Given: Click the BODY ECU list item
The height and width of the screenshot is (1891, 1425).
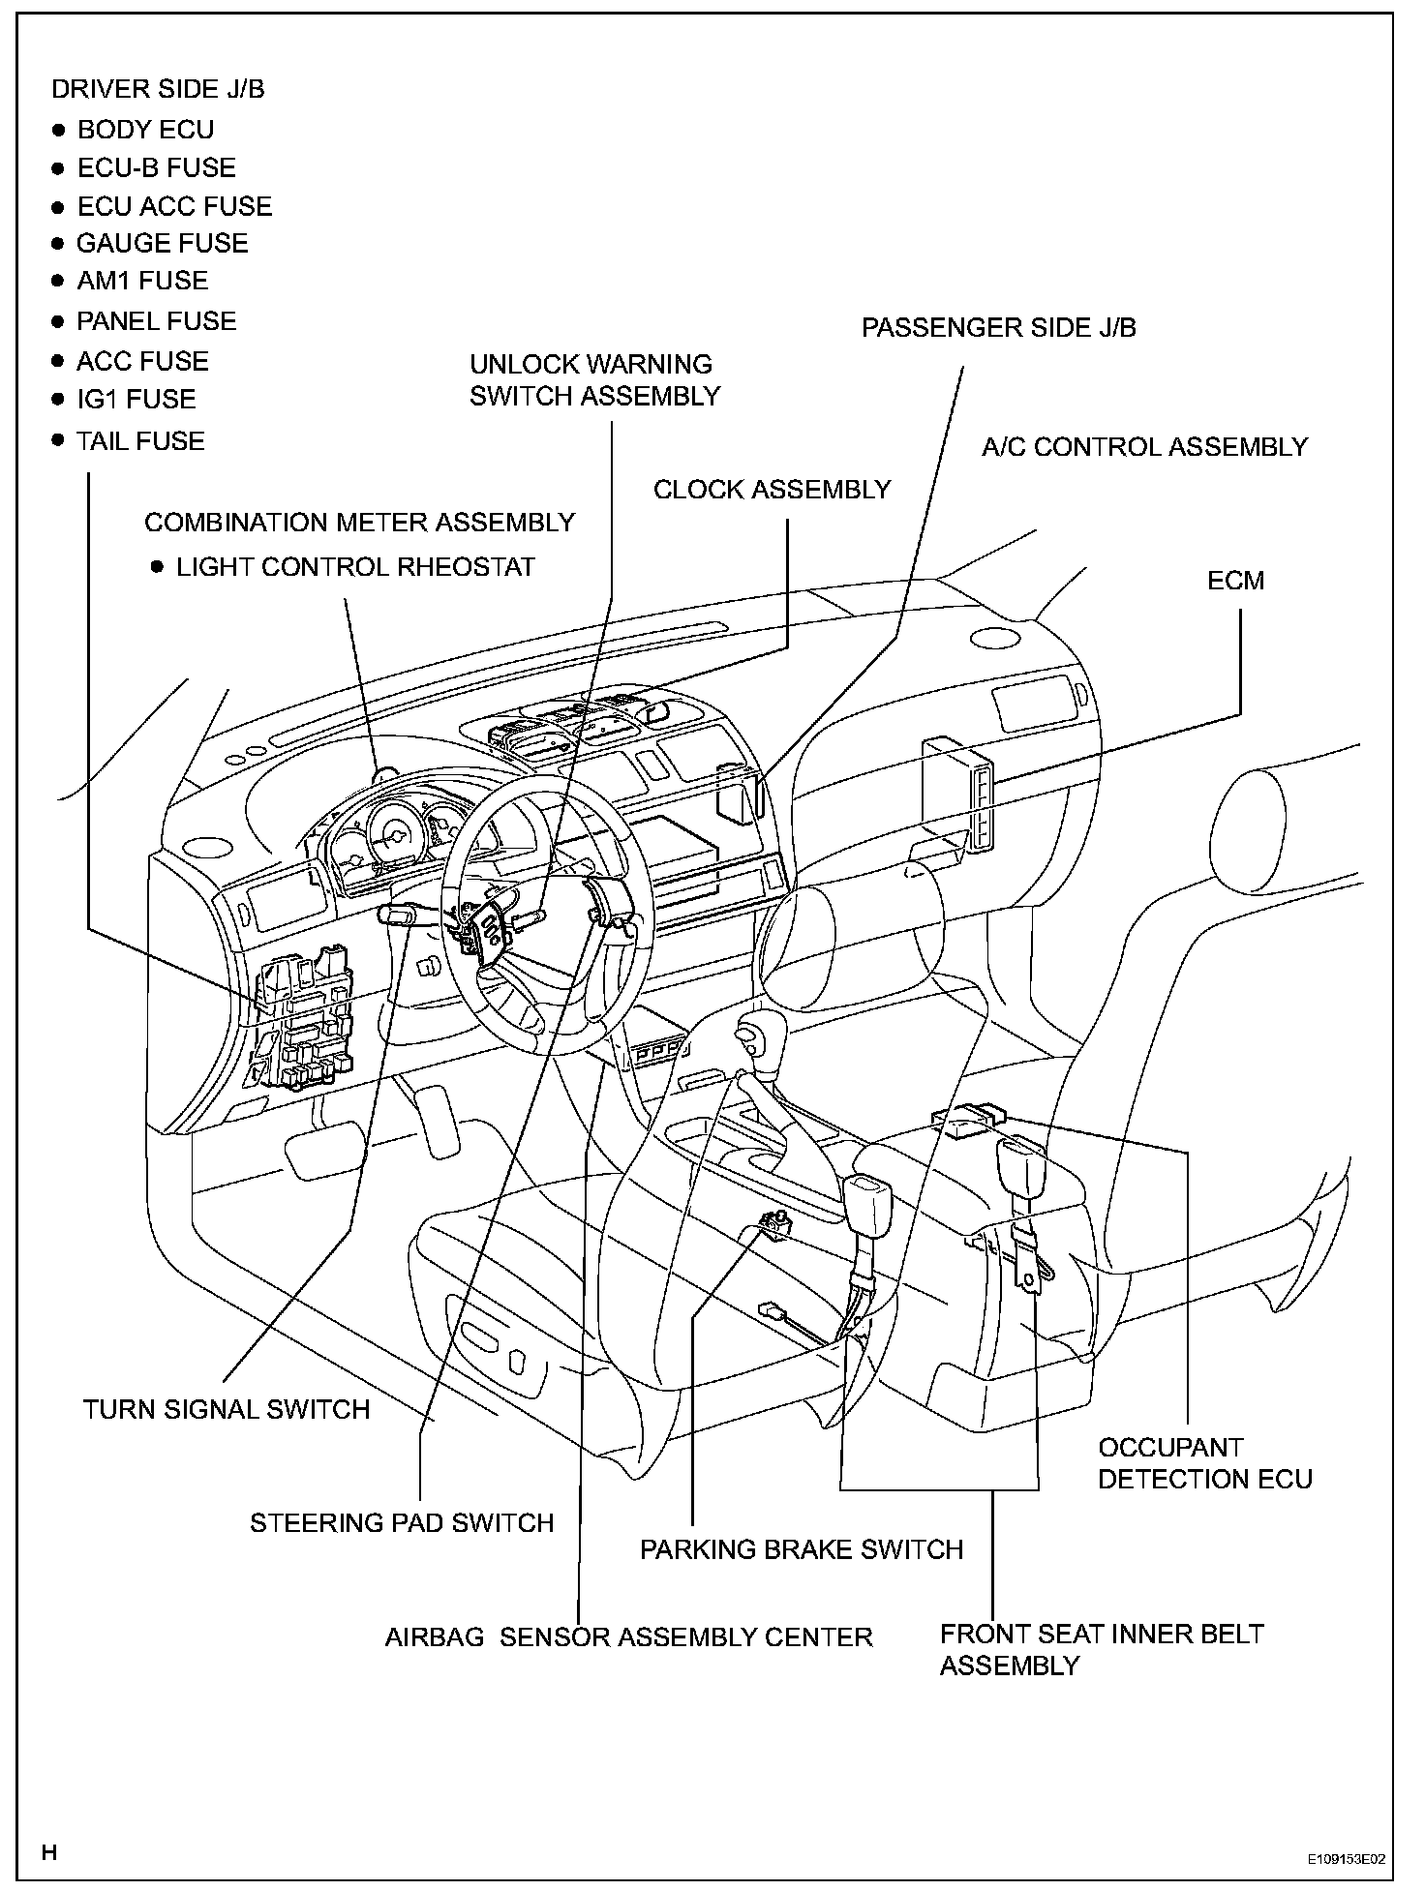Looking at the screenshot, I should pos(145,130).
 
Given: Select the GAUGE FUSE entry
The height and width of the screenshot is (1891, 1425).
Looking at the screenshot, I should pos(162,243).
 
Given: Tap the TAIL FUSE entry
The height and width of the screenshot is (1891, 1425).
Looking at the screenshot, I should pos(140,441).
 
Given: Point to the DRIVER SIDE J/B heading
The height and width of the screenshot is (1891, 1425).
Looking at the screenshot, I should pos(158,89).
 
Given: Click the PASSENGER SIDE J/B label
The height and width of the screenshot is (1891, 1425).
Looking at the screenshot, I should pos(998,328).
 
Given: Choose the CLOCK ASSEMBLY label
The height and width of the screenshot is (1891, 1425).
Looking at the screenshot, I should pos(772,490).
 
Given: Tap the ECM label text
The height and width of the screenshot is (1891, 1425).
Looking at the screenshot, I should pos(1235,581).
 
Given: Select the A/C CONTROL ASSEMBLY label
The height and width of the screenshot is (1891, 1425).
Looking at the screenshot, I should pos(1144,447).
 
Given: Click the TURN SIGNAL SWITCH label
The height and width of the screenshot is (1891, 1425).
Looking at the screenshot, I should pos(227,1409).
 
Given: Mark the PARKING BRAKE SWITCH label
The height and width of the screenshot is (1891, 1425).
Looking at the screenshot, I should pos(802,1549).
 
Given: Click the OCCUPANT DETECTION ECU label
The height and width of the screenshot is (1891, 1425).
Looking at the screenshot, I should pos(1204,1463).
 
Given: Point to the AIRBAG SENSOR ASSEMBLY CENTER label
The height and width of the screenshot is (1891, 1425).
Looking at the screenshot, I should pos(628,1637).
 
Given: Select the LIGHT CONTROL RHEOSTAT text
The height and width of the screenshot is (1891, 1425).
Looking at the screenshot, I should pos(355,567).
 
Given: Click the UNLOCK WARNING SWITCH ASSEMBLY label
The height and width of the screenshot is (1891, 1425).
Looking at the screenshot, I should pos(594,380).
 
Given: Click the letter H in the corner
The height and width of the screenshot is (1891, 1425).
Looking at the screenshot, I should pos(50,1852).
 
